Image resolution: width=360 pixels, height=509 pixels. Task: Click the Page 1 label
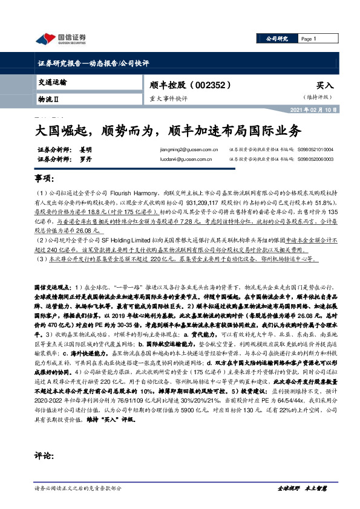[309, 39]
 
